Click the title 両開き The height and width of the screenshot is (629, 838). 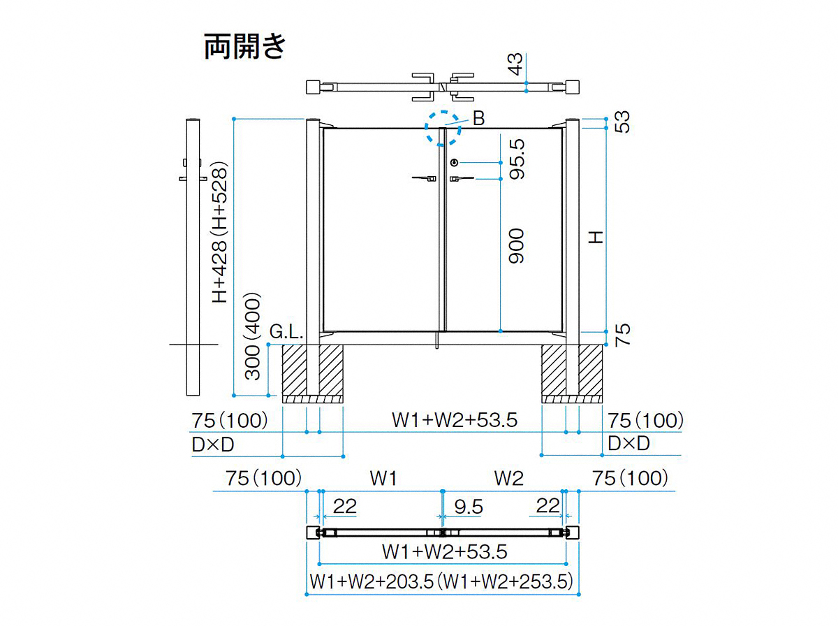point(244,47)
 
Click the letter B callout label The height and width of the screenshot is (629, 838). point(478,118)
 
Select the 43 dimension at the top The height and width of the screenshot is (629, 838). point(515,64)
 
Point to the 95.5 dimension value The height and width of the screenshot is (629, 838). point(517,159)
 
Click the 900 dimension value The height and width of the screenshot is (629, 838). point(517,246)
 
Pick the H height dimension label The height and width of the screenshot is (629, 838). point(596,237)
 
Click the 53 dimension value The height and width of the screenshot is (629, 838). point(622,122)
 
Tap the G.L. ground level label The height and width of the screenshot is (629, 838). point(286,331)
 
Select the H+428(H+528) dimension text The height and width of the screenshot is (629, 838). point(220,233)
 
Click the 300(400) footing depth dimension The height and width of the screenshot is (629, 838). point(253,336)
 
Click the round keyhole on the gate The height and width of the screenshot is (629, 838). point(454,163)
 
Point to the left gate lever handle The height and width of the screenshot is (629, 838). point(424,178)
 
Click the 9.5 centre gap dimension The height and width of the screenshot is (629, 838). point(469,507)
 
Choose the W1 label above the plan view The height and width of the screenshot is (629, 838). point(383,478)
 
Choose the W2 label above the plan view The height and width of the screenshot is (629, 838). point(509,478)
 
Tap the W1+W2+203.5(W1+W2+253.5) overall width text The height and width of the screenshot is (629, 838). point(442,581)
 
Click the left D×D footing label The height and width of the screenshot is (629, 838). point(213,444)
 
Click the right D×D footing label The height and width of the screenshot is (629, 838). point(628,443)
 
